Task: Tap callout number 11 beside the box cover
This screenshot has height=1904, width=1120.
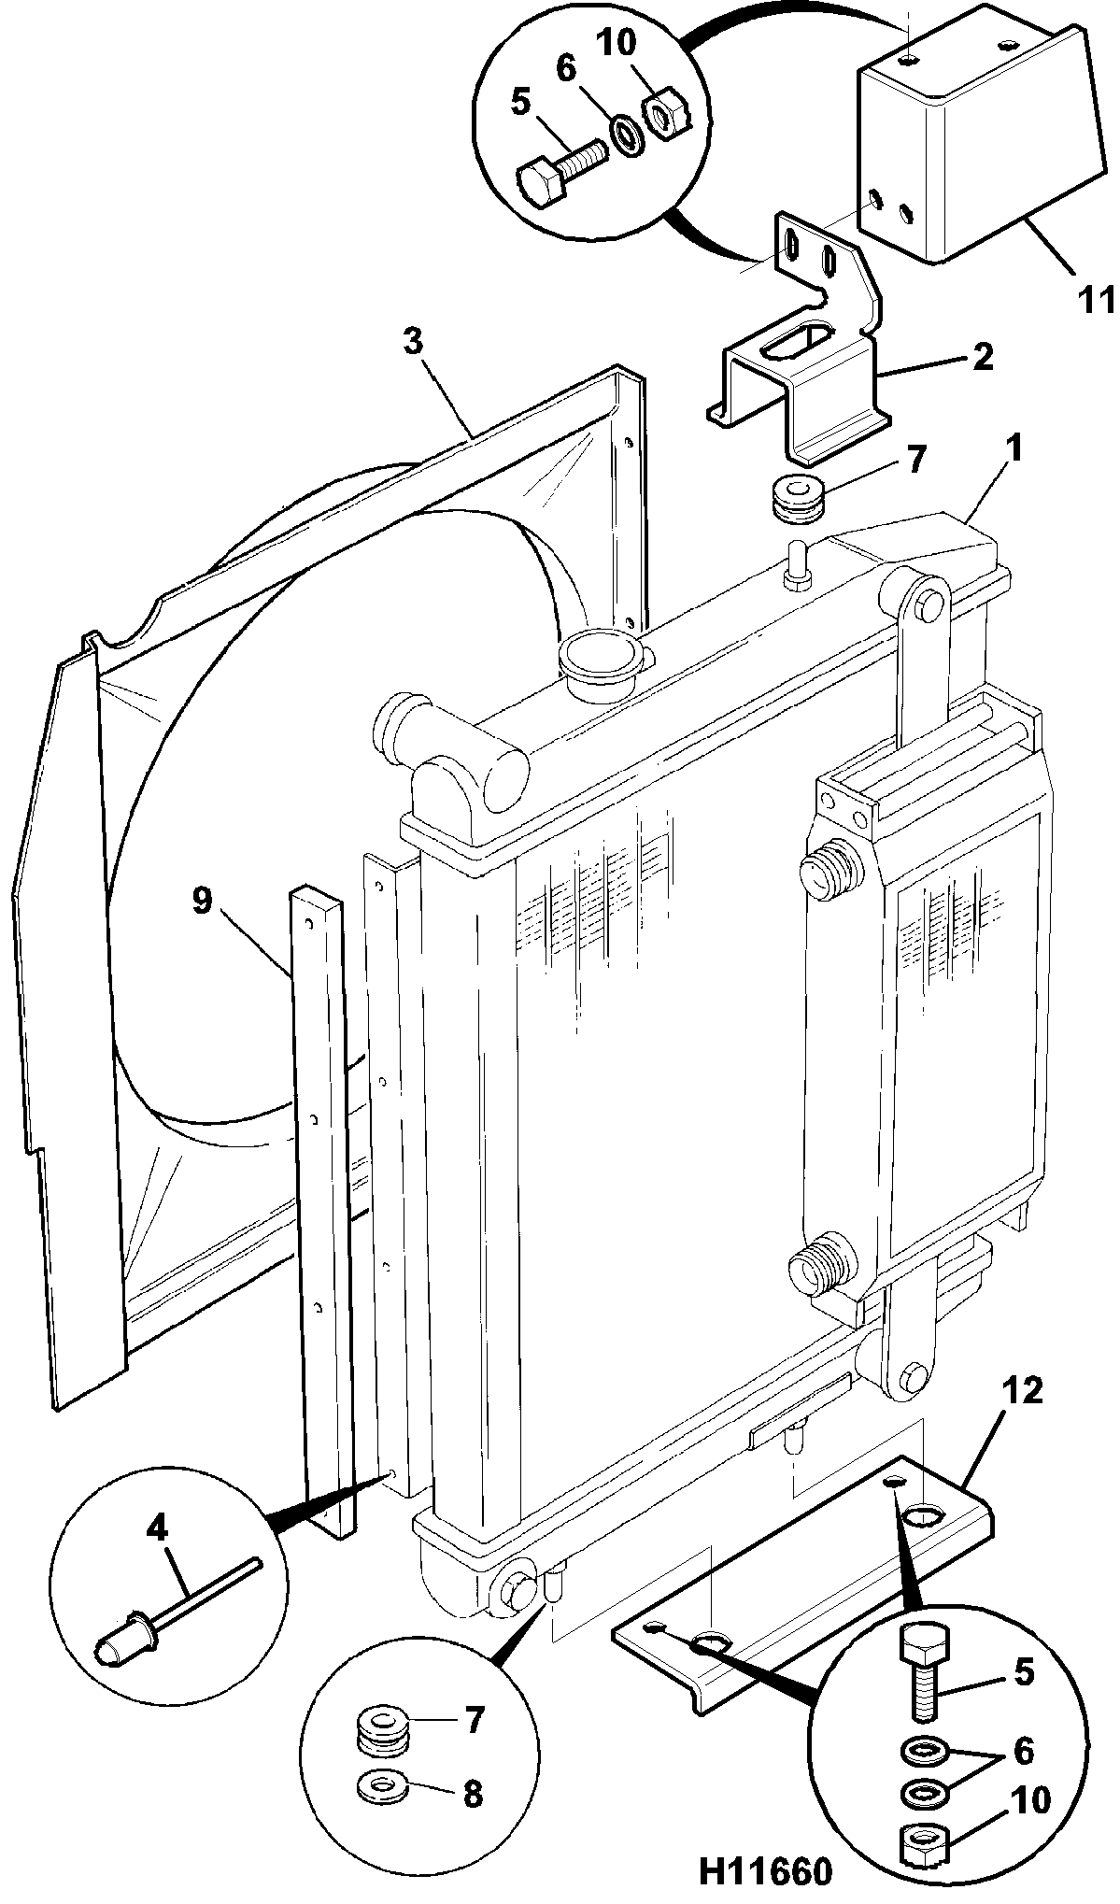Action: (x=1093, y=301)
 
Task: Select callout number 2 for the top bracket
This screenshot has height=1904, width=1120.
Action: (x=982, y=357)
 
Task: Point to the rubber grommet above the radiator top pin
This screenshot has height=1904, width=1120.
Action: (x=798, y=496)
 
